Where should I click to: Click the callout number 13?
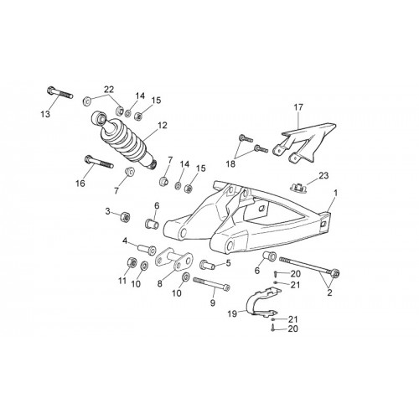45,114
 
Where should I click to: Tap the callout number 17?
298,107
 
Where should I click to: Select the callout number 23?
323,176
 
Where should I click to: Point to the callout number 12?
162,126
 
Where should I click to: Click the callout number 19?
232,313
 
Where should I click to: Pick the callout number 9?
213,303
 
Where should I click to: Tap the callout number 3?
108,211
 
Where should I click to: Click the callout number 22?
109,90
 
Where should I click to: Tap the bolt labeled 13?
59,92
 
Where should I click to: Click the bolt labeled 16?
99,162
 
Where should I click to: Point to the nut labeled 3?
124,217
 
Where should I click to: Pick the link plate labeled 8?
174,260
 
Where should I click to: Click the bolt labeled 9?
211,283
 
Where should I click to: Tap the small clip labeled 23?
298,187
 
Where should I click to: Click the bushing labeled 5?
207,264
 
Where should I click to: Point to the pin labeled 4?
147,249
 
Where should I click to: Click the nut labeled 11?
132,262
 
